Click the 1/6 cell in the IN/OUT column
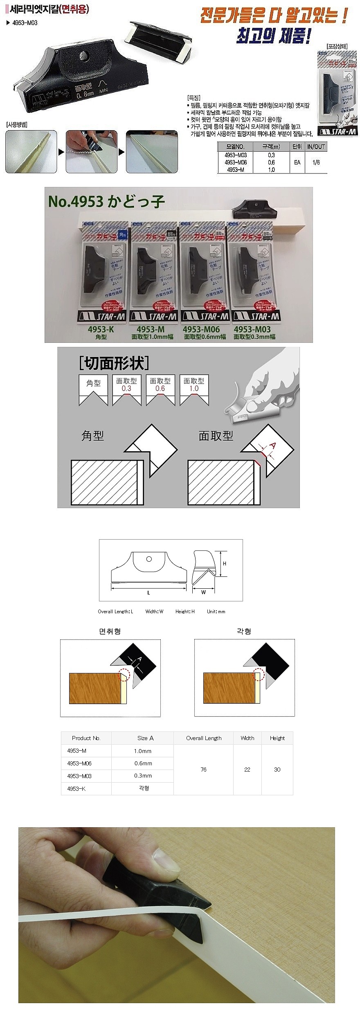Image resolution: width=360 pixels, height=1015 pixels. point(316,162)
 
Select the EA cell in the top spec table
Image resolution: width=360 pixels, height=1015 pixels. point(297,162)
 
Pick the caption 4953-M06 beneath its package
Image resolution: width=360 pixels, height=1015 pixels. point(201,329)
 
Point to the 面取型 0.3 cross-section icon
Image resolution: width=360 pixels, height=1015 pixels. point(126,390)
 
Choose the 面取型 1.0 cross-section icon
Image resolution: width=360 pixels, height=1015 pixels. point(193,390)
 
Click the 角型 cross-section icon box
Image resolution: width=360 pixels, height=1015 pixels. point(93,389)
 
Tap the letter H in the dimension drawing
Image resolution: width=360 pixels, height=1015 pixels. point(225,563)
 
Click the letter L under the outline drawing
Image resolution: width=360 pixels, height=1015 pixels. point(148,592)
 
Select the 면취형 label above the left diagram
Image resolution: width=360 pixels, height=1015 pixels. point(110,631)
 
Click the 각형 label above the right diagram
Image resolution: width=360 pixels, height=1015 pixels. point(244,631)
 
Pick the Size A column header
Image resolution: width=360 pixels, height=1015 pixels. point(145,738)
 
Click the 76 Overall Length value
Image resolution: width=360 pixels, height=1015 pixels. point(203,770)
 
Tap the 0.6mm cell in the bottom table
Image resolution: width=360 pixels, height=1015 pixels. point(143,763)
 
